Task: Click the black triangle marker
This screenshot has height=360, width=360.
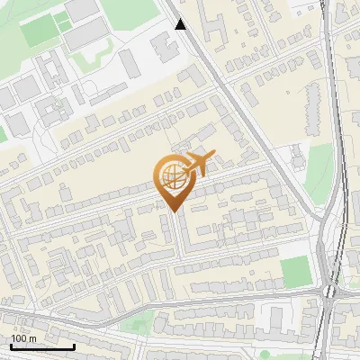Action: tap(181, 24)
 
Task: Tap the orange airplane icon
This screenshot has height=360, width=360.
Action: tap(199, 164)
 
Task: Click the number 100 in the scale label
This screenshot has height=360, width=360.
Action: tap(19, 338)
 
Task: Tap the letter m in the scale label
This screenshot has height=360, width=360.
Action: tap(31, 338)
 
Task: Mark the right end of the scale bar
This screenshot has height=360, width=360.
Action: tap(74, 346)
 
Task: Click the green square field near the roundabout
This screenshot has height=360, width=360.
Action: tap(294, 269)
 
